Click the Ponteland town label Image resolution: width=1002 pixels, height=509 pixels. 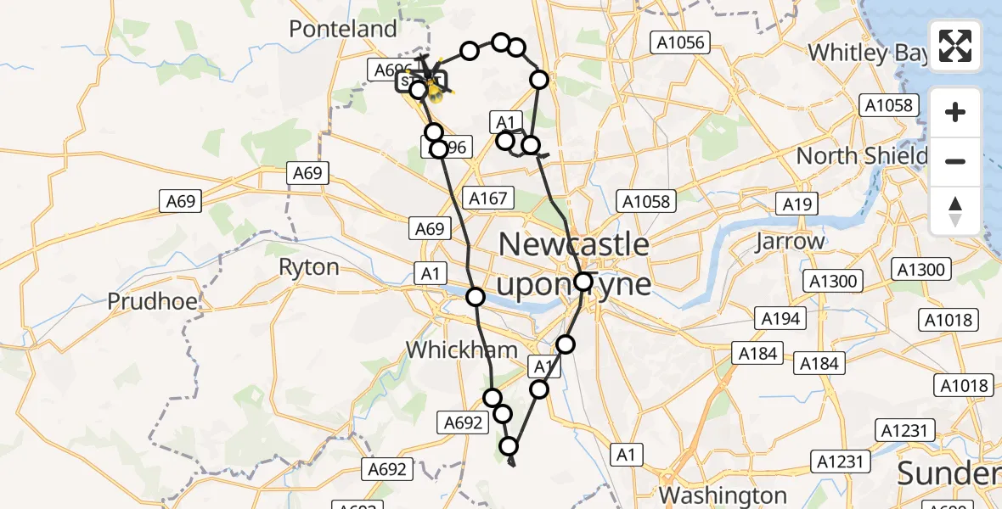pyautogui.click(x=343, y=29)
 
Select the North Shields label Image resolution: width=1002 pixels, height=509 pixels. pyautogui.click(x=861, y=156)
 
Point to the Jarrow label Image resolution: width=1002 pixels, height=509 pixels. pyautogui.click(x=790, y=241)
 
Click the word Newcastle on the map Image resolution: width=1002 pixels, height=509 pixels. pyautogui.click(x=573, y=245)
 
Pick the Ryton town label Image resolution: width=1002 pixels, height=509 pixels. pyautogui.click(x=309, y=267)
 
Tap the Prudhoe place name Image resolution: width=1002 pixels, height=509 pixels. pyautogui.click(x=153, y=301)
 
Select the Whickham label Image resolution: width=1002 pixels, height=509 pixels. pyautogui.click(x=462, y=350)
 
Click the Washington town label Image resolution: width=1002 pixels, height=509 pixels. pyautogui.click(x=723, y=494)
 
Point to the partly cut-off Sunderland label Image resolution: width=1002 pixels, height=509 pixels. pyautogui.click(x=949, y=473)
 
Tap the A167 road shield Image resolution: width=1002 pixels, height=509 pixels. pyautogui.click(x=487, y=199)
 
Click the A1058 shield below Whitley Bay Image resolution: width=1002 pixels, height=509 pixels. pyautogui.click(x=889, y=105)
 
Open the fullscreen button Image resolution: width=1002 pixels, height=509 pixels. pyautogui.click(x=955, y=46)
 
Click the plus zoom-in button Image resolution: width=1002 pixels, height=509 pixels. pyautogui.click(x=955, y=112)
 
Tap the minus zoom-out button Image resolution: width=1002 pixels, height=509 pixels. pyautogui.click(x=955, y=161)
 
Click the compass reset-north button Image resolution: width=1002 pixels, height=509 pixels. pyautogui.click(x=955, y=210)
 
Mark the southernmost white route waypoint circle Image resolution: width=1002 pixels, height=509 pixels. pyautogui.click(x=509, y=446)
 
